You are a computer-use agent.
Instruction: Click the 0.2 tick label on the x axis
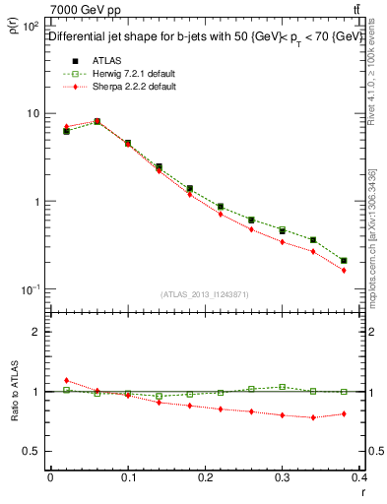(x=207, y=477)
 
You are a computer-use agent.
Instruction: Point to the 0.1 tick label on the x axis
(x=128, y=477)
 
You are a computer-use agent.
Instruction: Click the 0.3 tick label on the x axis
(x=285, y=477)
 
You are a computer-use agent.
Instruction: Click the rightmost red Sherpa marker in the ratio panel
(x=344, y=413)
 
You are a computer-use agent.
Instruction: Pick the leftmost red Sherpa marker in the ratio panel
(x=66, y=380)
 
